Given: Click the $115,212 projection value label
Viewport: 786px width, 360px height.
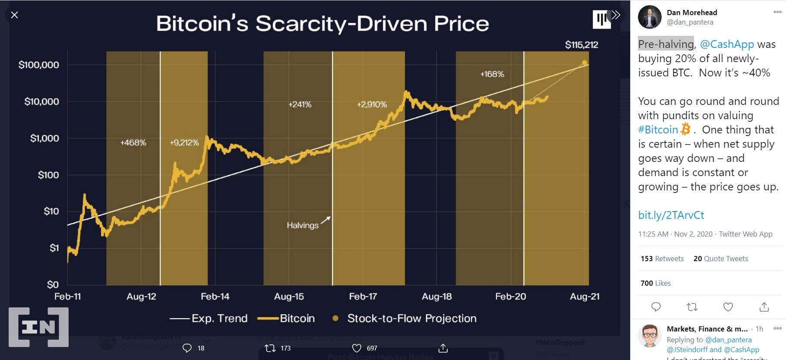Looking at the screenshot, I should pos(581,45).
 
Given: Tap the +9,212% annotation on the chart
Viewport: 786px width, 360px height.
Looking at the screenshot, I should pos(184,142).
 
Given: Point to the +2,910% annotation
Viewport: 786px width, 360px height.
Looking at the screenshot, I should pos(372,104).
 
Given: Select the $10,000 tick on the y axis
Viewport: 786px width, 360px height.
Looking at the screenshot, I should pos(41,101).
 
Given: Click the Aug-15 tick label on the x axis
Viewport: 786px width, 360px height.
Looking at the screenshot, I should pos(289,297).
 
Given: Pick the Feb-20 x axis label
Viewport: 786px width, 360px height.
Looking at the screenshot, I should pos(510,297).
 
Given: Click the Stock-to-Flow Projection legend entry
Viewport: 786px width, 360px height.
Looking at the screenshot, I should pos(411,319).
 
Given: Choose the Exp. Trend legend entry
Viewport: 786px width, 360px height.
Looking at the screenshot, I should pos(219,319).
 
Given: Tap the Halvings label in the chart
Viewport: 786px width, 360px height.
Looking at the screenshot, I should pos(303,225).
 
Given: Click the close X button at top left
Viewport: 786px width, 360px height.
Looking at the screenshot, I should pos(14,15).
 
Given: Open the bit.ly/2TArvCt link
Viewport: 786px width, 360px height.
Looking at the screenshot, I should pos(671,215).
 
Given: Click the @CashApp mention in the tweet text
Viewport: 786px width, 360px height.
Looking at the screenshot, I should pos(726,44).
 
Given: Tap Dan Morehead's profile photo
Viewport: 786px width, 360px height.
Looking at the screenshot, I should pos(650,17).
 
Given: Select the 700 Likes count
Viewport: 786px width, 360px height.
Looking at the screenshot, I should pos(655,283).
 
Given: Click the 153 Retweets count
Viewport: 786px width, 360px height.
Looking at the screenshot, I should pos(662,259).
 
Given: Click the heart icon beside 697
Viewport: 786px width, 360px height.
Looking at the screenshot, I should pos(357,348).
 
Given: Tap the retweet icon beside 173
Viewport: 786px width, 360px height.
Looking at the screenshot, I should pos(270,348).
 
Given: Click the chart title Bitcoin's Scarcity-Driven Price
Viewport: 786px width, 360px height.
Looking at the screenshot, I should pos(322,24).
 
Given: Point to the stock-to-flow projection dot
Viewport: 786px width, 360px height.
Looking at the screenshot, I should pos(584,63).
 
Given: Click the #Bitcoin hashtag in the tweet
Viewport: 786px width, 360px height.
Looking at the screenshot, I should pos(658,129).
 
